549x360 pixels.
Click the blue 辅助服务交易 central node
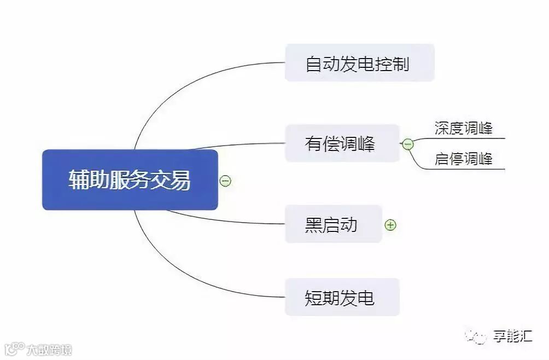pyautogui.click(x=130, y=180)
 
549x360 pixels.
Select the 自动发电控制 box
pyautogui.click(x=359, y=63)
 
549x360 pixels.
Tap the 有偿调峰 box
pyautogui.click(x=342, y=143)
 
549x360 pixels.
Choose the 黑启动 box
pyautogui.click(x=333, y=224)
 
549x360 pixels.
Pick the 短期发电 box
pyautogui.click(x=342, y=297)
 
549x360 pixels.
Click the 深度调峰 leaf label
pyautogui.click(x=463, y=129)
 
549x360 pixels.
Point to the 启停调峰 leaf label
pyautogui.click(x=463, y=159)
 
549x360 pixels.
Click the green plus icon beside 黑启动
pyautogui.click(x=390, y=224)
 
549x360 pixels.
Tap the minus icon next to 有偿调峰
pyautogui.click(x=407, y=144)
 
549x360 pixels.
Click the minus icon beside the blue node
pyautogui.click(x=225, y=180)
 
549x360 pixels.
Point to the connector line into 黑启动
pyautogui.click(x=230, y=220)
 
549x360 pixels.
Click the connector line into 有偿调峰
pyautogui.click(x=241, y=145)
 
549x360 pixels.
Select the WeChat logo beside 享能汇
pyautogui.click(x=475, y=337)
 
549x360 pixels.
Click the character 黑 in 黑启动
pyautogui.click(x=313, y=224)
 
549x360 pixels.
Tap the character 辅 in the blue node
pyautogui.click(x=78, y=180)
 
